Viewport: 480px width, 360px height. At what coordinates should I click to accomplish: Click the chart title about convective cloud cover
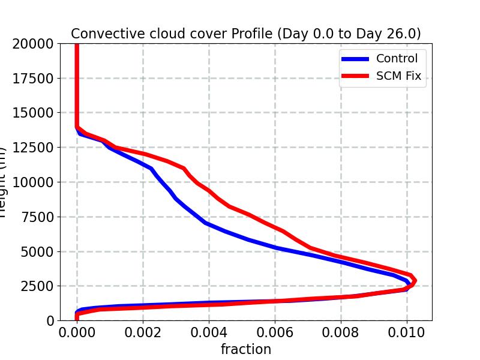(246, 34)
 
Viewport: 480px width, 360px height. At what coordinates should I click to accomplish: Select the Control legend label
(397, 58)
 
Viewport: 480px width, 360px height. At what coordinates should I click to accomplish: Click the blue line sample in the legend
(356, 59)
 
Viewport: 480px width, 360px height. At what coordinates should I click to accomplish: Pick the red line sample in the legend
(356, 77)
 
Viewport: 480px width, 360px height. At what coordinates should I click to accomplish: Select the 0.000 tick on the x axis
(77, 332)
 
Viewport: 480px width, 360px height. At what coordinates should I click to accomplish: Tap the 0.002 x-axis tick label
(143, 332)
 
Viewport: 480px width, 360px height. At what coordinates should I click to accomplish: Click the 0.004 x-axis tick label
(209, 332)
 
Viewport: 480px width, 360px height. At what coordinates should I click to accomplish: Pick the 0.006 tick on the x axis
(275, 332)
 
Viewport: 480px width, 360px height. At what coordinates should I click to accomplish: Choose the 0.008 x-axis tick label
(341, 332)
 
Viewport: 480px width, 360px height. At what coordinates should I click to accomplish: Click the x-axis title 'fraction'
(246, 349)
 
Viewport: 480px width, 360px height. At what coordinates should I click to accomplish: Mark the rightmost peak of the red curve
(413, 281)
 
